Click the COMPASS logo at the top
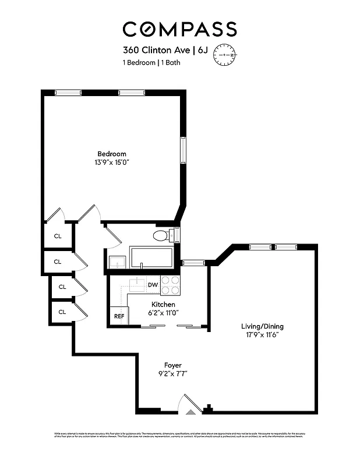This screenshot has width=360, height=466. [x=179, y=29]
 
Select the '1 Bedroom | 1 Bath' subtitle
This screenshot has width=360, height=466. [x=151, y=63]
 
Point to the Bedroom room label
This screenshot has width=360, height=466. [x=112, y=154]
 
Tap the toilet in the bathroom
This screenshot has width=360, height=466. [x=161, y=236]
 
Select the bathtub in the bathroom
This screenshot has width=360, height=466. [x=151, y=257]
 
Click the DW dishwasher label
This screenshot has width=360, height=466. [x=153, y=285]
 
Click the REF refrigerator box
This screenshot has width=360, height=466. [x=119, y=316]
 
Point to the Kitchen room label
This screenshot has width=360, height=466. [x=163, y=305]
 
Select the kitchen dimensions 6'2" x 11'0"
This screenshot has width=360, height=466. [x=163, y=313]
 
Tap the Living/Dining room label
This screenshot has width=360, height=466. [x=263, y=326]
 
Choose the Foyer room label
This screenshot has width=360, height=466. [x=173, y=365]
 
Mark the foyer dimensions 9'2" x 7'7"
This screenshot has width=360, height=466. [x=173, y=373]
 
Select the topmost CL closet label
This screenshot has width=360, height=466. [x=58, y=236]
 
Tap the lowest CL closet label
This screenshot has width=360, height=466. [x=62, y=312]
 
